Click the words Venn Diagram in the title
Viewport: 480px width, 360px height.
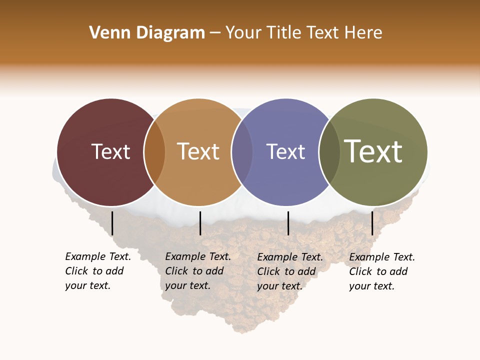[147, 33]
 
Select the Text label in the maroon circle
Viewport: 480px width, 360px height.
[111, 152]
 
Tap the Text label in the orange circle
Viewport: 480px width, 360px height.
[198, 152]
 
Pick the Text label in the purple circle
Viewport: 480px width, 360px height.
[285, 152]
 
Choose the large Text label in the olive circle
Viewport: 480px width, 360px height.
[373, 152]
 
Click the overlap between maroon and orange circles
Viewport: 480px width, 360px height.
[154, 152]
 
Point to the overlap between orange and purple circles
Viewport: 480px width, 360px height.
[242, 152]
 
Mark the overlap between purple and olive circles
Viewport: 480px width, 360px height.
[329, 152]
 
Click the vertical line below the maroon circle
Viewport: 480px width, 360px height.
[112, 223]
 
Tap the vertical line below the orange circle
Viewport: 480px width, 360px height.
[200, 223]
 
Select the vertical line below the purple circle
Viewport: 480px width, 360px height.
[288, 223]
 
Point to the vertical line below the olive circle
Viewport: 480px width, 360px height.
[372, 223]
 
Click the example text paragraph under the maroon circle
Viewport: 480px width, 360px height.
[97, 271]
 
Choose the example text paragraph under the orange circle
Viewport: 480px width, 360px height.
[197, 271]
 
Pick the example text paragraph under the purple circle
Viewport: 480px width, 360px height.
[289, 271]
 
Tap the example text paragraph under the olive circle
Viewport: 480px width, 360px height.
[381, 271]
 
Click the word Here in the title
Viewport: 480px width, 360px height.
[364, 33]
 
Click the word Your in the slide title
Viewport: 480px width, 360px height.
[243, 33]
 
